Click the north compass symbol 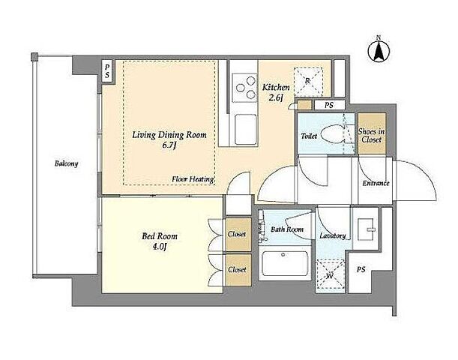[379, 50]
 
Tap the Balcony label [67, 163]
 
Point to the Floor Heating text [193, 178]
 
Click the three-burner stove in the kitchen [245, 88]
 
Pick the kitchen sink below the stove [246, 129]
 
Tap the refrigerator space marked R [308, 82]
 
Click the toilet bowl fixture [333, 134]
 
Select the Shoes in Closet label [372, 136]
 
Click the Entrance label [376, 183]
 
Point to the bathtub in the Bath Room [285, 263]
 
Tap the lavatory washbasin [367, 229]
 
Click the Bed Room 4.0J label [160, 241]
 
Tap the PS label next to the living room [107, 71]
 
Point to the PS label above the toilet [329, 105]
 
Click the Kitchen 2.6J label [276, 92]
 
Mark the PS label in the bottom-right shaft [361, 269]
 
